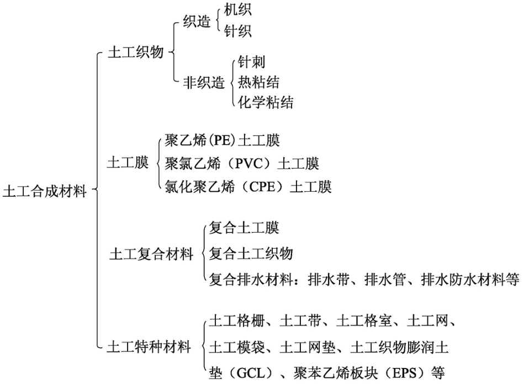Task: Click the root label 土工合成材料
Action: tap(45, 192)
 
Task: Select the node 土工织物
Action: tap(136, 52)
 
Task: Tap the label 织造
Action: tap(197, 22)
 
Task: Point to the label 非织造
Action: tap(204, 82)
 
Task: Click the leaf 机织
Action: tap(237, 10)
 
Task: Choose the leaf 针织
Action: tap(237, 31)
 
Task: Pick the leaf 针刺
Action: tap(252, 62)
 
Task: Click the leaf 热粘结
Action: tap(258, 82)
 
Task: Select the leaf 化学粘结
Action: tap(266, 102)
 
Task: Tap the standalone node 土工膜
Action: tap(128, 163)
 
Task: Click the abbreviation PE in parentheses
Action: tap(222, 140)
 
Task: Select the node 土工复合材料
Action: tap(152, 254)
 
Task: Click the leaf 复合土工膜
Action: tap(244, 228)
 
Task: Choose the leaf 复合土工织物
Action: tap(251, 254)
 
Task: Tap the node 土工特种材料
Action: tap(149, 347)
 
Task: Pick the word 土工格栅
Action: tap(237, 322)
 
